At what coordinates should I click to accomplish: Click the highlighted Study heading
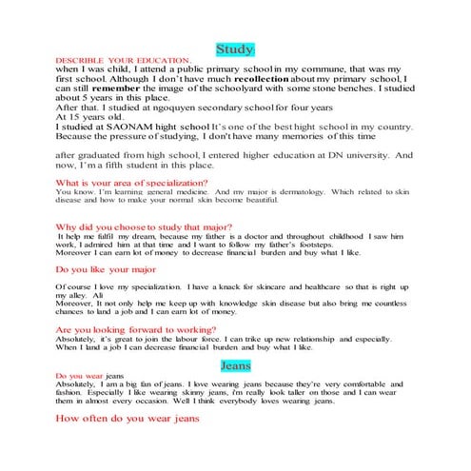[235, 48]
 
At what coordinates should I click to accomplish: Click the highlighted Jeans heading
[235, 365]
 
